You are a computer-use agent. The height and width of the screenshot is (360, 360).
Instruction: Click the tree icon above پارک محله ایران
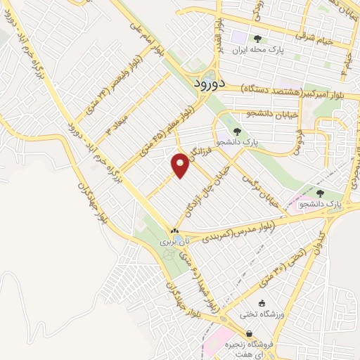[258, 38]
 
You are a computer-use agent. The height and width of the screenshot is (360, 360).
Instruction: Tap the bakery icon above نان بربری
[174, 231]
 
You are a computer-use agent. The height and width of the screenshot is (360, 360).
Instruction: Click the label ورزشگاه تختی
[262, 314]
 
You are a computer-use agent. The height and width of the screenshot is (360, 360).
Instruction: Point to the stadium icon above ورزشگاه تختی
[262, 303]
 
